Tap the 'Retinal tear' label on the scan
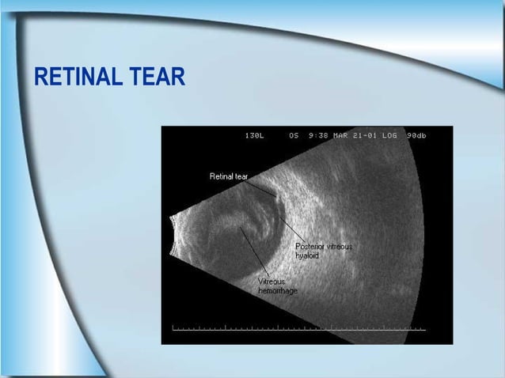229,176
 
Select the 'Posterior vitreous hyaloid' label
324,251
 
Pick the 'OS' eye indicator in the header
294,135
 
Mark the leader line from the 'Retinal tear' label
262,188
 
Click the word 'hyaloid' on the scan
307,255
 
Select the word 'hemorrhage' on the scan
278,291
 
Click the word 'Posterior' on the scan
309,246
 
